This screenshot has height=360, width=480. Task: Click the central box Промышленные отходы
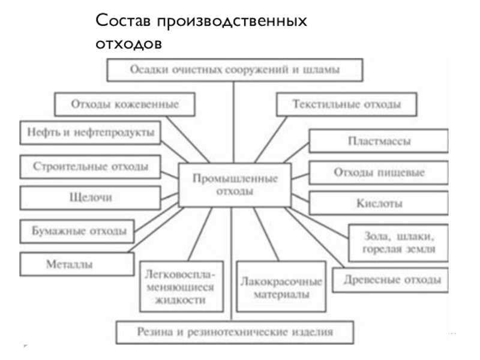pyautogui.click(x=235, y=185)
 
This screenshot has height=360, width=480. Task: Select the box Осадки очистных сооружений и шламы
pyautogui.click(x=235, y=70)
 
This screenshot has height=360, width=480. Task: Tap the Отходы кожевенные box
pyautogui.click(x=125, y=104)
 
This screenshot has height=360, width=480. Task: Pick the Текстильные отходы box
pyautogui.click(x=347, y=104)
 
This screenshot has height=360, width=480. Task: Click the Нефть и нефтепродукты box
pyautogui.click(x=91, y=133)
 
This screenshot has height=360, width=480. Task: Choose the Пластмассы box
pyautogui.click(x=379, y=141)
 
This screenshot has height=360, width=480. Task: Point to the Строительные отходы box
pyautogui.click(x=91, y=167)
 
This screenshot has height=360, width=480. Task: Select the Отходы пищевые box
pyautogui.click(x=379, y=173)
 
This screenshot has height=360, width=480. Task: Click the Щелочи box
pyautogui.click(x=91, y=198)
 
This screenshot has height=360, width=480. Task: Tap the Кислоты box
pyautogui.click(x=379, y=203)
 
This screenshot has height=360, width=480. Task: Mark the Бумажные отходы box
pyautogui.click(x=77, y=232)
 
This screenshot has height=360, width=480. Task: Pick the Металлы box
pyautogui.click(x=77, y=264)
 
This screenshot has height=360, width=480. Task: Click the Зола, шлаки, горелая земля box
pyautogui.click(x=398, y=243)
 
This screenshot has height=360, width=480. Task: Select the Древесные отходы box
pyautogui.click(x=391, y=280)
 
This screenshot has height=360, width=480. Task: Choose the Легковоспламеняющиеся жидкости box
pyautogui.click(x=182, y=287)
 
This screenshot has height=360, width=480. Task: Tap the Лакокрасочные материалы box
pyautogui.click(x=281, y=287)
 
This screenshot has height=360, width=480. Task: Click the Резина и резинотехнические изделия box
pyautogui.click(x=235, y=332)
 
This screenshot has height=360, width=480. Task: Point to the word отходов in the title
pyautogui.click(x=128, y=44)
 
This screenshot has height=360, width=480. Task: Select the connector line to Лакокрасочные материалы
pyautogui.click(x=266, y=234)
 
